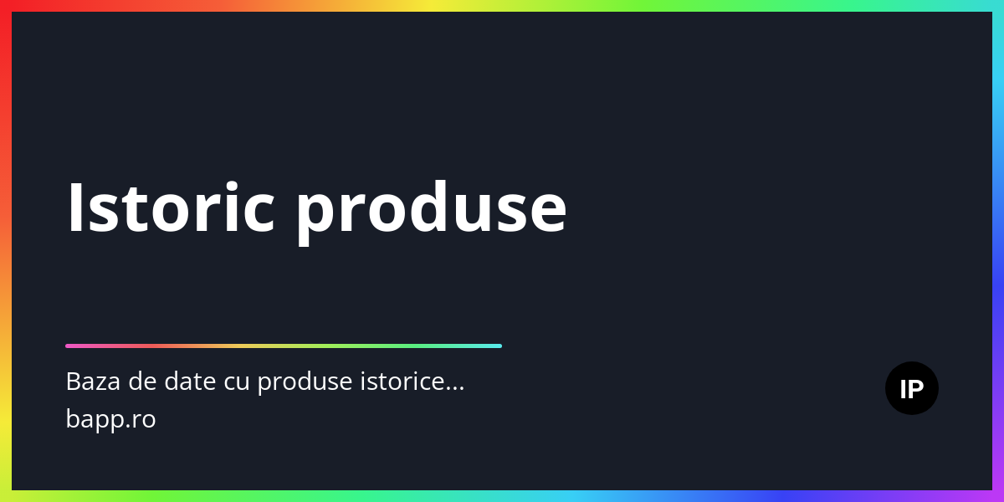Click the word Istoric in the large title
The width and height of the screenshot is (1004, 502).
point(171,207)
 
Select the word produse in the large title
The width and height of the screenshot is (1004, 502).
point(431,213)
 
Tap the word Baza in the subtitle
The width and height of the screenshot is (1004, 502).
point(93,382)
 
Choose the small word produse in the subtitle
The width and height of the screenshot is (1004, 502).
point(305,383)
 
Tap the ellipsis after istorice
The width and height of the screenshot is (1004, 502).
point(454,389)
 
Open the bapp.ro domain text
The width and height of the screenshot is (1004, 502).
point(110,419)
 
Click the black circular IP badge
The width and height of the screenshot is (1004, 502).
point(912,388)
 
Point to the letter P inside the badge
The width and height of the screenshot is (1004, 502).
point(915,389)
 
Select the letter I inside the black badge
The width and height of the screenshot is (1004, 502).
point(903,389)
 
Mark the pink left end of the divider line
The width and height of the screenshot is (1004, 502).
point(67,346)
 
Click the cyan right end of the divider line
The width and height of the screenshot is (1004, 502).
point(500,346)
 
